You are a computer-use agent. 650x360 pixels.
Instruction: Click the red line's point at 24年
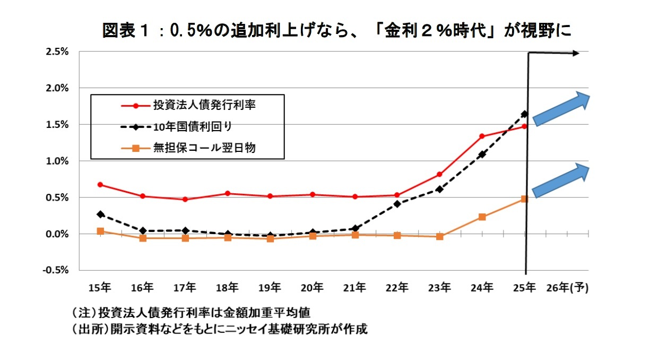[482, 136]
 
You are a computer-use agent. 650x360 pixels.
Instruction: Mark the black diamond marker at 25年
[524, 114]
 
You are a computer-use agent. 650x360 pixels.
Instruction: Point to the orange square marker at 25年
[524, 199]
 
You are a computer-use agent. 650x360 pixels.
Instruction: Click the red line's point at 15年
[100, 185]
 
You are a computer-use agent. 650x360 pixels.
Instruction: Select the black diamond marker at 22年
[397, 204]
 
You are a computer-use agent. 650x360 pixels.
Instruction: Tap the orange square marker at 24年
[482, 217]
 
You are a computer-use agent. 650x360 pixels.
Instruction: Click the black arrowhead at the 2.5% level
[576, 53]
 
